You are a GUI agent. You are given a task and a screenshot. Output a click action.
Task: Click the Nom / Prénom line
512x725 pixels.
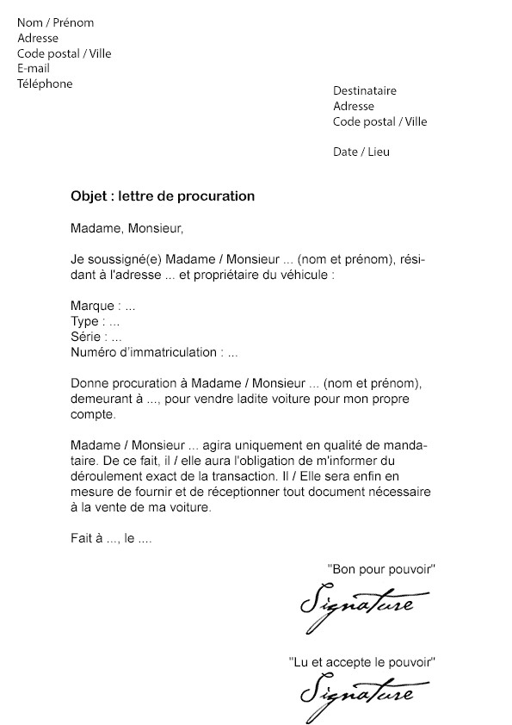[55, 22]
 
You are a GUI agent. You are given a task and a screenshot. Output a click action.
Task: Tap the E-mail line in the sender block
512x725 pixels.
[34, 68]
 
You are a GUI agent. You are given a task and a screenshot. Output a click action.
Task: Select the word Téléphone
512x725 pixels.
[45, 84]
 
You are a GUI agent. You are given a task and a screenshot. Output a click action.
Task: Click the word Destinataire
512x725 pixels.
[365, 90]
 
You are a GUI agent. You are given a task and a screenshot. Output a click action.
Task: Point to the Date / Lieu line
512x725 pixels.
[361, 152]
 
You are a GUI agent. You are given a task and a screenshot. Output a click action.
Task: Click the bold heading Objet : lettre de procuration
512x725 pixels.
[163, 196]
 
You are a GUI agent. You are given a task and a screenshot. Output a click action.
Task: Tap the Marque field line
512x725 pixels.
[103, 306]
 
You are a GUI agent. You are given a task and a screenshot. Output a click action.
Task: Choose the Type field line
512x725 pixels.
[96, 321]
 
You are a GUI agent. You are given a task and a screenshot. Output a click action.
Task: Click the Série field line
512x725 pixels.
[96, 337]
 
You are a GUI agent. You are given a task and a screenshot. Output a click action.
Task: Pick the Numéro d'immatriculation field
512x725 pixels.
[154, 352]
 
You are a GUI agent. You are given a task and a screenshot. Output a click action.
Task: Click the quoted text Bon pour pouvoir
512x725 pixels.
[382, 569]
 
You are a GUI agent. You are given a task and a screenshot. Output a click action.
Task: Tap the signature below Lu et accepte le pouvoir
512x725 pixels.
[356, 694]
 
